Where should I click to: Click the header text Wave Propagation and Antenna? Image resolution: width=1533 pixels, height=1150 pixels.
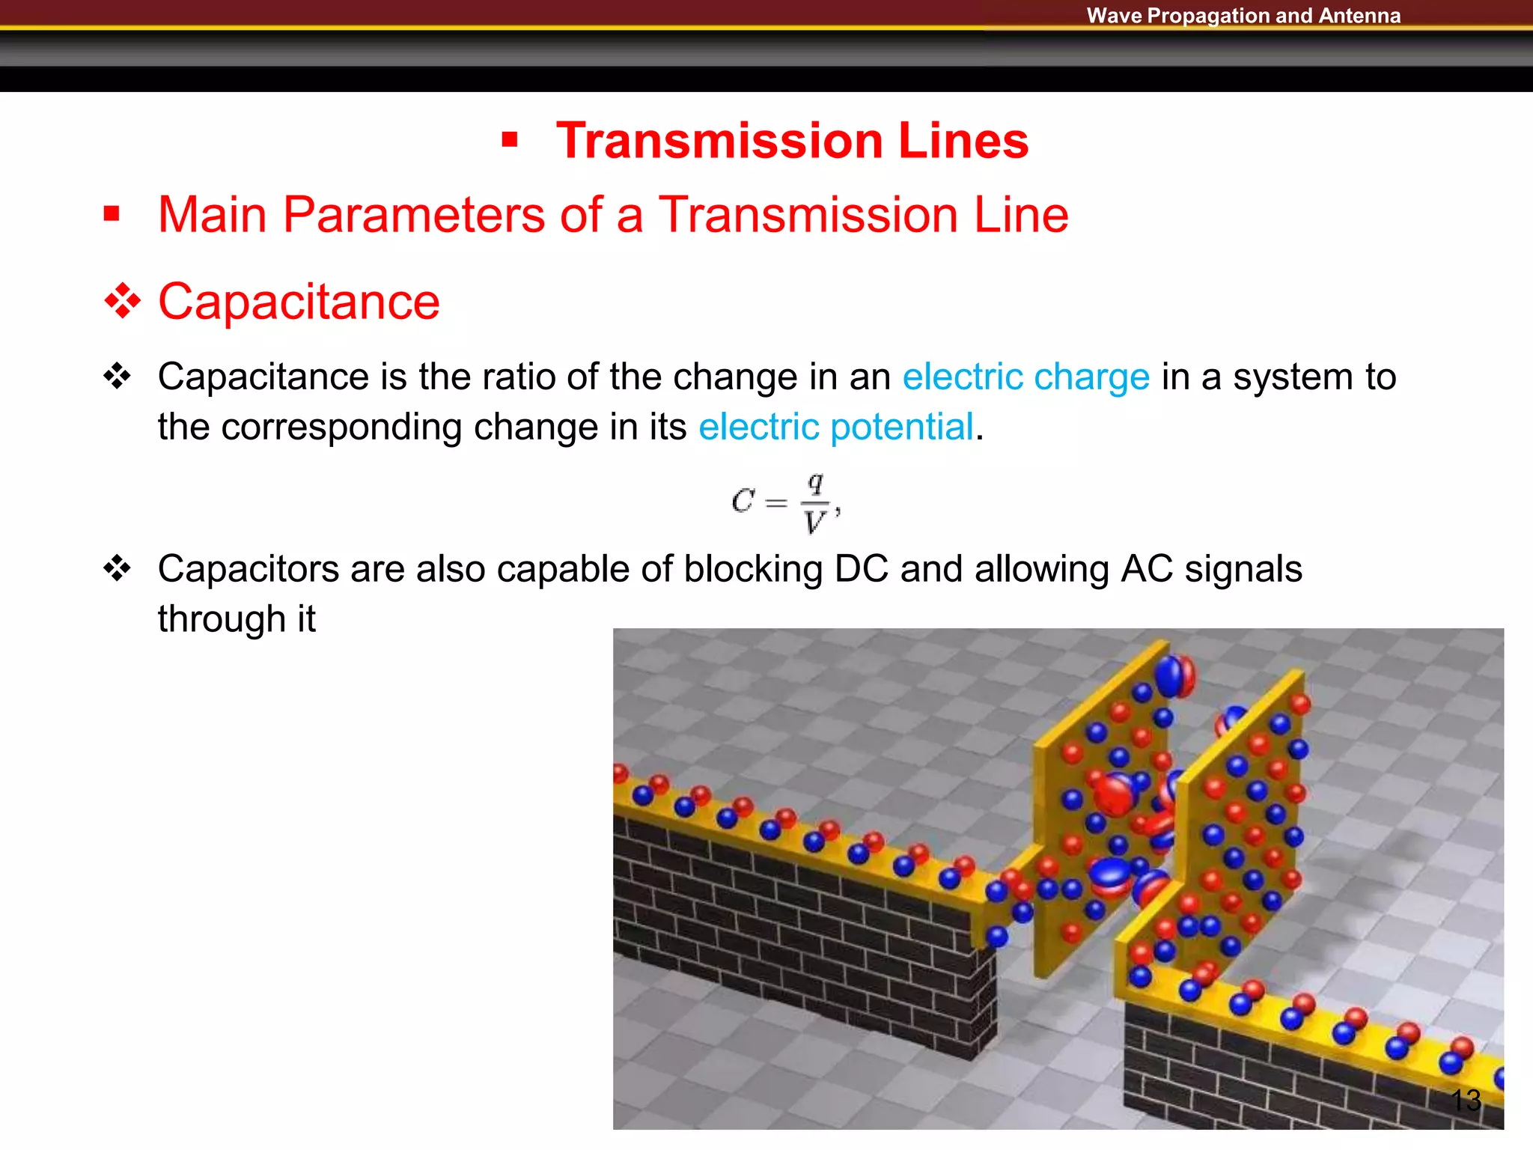1243,16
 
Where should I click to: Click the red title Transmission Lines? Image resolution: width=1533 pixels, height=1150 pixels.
792,141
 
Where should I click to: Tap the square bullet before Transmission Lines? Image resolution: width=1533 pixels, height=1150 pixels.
510,140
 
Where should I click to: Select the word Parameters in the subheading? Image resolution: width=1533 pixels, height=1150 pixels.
414,215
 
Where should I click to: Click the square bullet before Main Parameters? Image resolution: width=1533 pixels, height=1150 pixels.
112,215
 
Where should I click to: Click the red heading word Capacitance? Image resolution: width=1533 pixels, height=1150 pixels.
299,302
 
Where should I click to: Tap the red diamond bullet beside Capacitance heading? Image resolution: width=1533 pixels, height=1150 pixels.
122,302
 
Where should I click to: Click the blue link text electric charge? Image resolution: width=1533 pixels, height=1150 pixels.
1025,377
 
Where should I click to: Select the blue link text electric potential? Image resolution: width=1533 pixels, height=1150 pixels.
835,427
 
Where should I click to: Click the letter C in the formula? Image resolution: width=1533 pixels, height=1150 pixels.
743,501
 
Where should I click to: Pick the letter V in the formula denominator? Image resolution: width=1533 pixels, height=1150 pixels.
814,522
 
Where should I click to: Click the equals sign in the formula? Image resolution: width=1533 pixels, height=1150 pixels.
777,503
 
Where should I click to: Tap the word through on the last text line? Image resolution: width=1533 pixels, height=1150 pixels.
222,619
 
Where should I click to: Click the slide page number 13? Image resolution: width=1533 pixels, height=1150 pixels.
1465,1100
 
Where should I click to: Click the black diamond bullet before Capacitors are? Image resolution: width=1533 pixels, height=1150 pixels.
117,569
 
